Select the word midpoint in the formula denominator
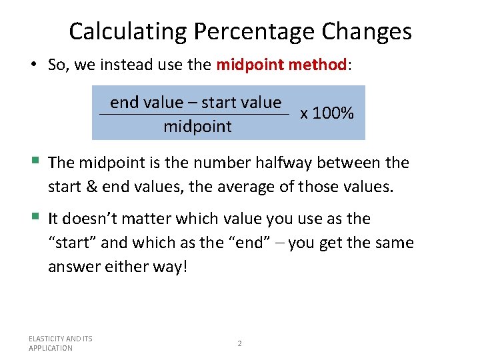(197, 127)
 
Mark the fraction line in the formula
(193, 115)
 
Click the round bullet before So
(33, 65)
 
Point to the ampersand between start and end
(90, 185)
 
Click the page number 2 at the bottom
(240, 343)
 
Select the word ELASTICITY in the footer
(46, 339)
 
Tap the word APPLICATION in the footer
(51, 348)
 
